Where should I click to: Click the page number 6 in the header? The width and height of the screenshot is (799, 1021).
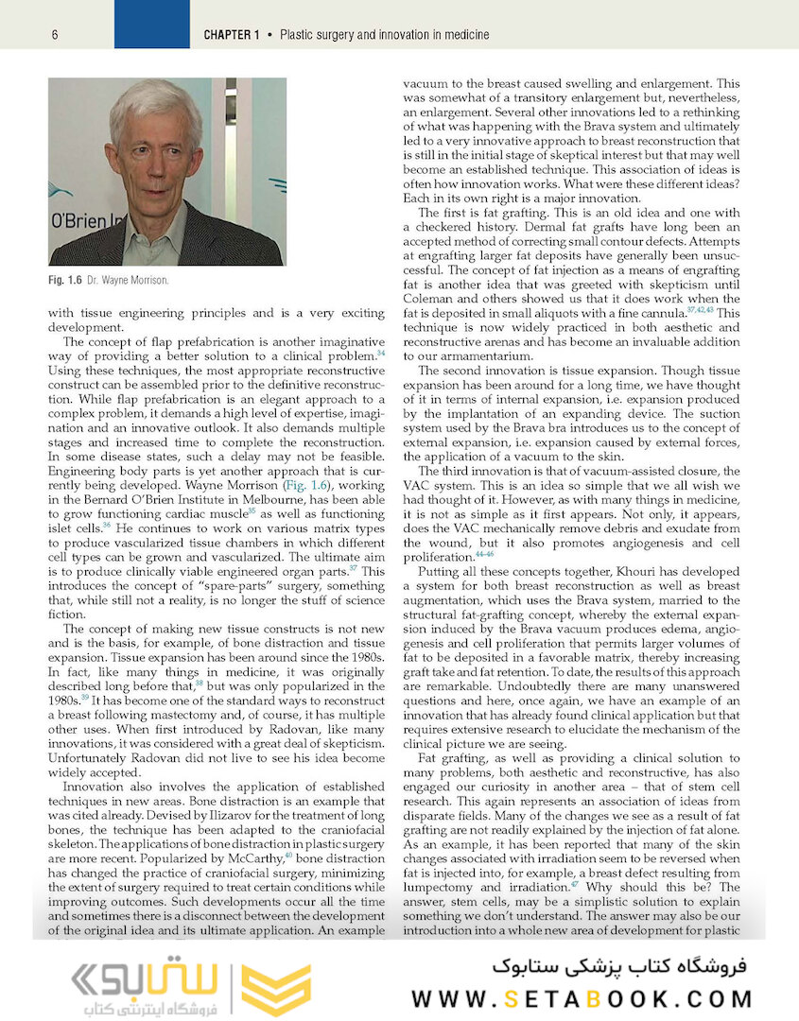pos(56,35)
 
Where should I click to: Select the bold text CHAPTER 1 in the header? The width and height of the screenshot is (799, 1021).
pos(232,35)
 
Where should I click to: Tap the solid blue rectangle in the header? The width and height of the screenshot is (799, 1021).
pos(151,24)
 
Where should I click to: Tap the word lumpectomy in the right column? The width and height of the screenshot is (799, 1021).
pos(443,888)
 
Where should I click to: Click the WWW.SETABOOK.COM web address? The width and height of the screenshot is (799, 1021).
pos(582,999)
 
